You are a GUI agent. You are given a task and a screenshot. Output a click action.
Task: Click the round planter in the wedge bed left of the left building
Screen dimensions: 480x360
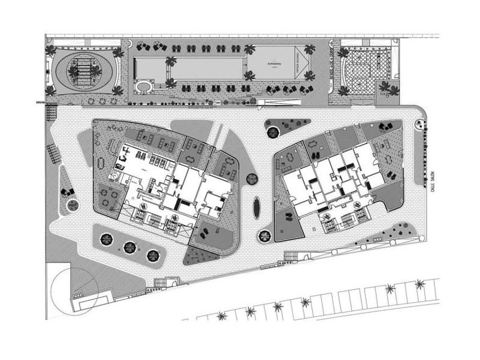70,204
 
